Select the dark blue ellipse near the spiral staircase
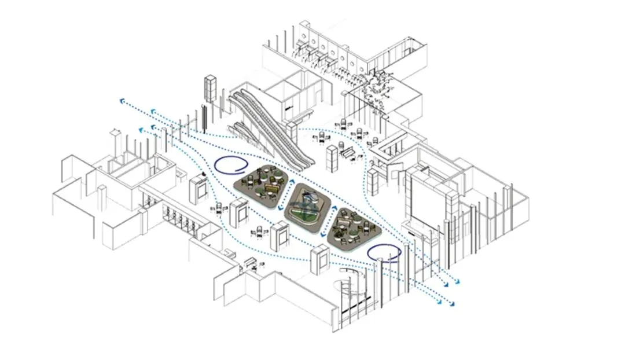click(384, 253)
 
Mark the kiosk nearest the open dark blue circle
click(198, 189)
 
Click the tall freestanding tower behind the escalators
click(210, 90)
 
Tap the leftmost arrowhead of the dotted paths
click(123, 101)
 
